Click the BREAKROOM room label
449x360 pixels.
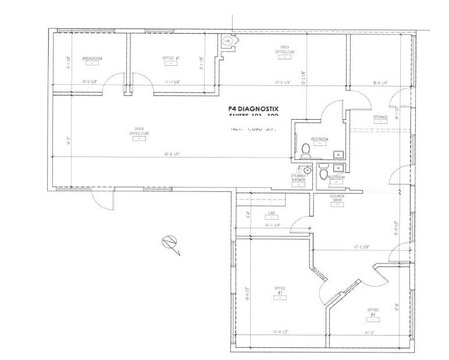[x=92, y=59]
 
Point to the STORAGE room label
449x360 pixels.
[x=380, y=117]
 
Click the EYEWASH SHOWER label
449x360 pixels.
[x=299, y=178]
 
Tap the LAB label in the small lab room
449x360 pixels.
[x=271, y=213]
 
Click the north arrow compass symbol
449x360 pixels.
[x=170, y=243]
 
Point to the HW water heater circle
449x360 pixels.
[x=227, y=41]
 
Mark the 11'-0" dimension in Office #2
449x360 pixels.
[x=369, y=333]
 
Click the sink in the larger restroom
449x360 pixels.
[x=337, y=154]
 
